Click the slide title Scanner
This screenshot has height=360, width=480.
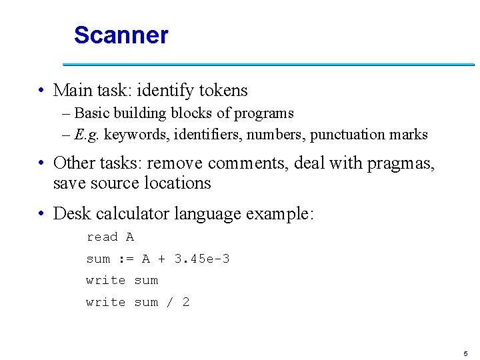(x=121, y=35)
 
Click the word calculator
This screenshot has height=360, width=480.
(x=132, y=214)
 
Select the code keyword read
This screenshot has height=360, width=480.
(x=102, y=237)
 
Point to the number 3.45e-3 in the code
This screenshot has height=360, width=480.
(x=201, y=259)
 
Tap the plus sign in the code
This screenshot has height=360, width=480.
(x=161, y=259)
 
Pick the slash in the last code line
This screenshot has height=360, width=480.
(x=169, y=302)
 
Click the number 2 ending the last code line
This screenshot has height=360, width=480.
(x=185, y=302)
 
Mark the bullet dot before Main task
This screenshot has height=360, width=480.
(x=42, y=91)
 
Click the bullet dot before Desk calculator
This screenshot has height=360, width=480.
(x=42, y=215)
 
